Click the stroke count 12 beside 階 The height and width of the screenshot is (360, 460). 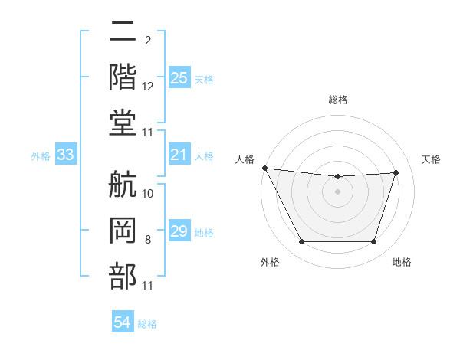click(148, 87)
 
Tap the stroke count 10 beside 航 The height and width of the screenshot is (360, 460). click(148, 193)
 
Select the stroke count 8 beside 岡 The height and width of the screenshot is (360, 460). click(148, 240)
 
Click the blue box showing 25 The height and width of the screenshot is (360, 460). click(179, 78)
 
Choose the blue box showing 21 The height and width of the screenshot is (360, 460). click(179, 155)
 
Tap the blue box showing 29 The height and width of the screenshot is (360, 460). click(179, 231)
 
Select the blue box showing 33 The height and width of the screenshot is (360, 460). click(66, 155)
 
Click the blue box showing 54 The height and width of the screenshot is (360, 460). click(122, 322)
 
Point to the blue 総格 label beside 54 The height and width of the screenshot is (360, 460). click(147, 324)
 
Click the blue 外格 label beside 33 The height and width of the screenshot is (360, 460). click(41, 156)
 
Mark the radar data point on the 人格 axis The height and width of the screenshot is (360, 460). click(265, 168)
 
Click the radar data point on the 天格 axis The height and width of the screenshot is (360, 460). click(396, 172)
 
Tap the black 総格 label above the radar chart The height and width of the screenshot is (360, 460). click(337, 100)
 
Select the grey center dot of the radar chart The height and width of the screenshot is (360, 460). click(337, 191)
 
